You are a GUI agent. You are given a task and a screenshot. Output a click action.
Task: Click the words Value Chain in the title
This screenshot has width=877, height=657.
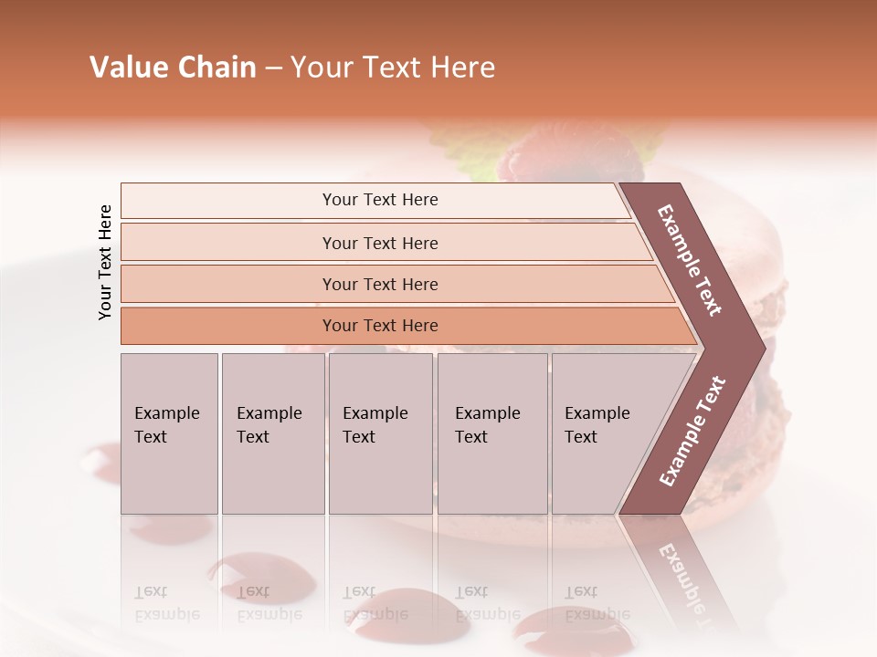tap(173, 68)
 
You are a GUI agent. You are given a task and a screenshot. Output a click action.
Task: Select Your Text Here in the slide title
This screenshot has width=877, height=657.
tap(393, 68)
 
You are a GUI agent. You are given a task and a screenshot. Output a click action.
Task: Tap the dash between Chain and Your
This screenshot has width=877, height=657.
tap(273, 68)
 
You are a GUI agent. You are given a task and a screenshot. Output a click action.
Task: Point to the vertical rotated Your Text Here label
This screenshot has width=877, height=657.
tap(105, 262)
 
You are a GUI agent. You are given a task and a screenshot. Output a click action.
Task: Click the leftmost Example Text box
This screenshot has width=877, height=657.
tap(169, 433)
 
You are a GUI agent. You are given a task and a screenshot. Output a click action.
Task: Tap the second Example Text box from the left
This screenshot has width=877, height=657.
tap(273, 433)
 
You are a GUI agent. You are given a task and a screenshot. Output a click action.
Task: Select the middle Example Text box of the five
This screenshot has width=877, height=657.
tap(380, 433)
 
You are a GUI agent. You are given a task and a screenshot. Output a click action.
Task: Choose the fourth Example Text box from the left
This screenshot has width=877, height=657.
tap(492, 433)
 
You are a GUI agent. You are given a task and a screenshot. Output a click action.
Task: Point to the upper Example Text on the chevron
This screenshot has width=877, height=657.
tap(691, 260)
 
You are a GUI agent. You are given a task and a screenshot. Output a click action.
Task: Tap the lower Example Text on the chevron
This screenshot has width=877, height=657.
tap(692, 432)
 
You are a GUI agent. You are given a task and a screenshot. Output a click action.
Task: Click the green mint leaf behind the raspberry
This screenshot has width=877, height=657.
tap(639, 146)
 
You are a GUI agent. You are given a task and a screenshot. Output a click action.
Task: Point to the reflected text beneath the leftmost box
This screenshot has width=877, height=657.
tap(166, 602)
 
